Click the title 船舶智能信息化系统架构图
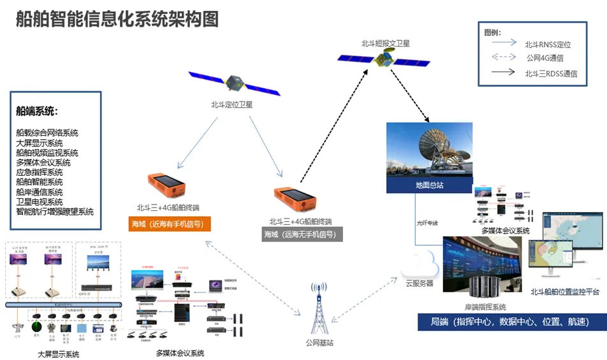pos(117,19)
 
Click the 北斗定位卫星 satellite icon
pos(234,82)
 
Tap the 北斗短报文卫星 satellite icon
pos(384,60)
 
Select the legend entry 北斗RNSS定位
pos(548,45)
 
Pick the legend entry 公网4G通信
pos(545,58)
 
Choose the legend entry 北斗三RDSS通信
pos(551,73)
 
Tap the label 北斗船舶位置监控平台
pos(565,292)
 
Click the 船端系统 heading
pos(37,111)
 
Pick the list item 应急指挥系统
pos(40,172)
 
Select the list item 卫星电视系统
pos(40,201)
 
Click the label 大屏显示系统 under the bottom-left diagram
pos(58,354)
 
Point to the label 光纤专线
pos(427,222)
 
